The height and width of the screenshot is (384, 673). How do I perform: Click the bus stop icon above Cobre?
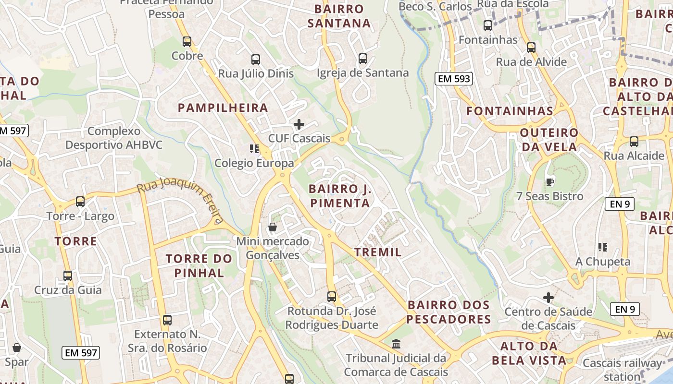pos(187,42)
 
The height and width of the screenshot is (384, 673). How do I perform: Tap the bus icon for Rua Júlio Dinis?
pos(256,60)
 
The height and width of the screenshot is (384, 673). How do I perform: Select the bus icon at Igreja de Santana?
pos(363,59)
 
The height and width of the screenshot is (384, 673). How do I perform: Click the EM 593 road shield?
pos(453,79)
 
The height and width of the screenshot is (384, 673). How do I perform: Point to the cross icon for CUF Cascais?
pos(299,125)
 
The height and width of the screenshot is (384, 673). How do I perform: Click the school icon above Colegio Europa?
pos(254,149)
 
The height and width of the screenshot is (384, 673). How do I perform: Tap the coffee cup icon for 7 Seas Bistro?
pos(549,182)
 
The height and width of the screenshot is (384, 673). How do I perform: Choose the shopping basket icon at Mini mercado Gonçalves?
pos(273,227)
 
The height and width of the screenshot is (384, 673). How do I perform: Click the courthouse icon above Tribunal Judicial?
pos(396,344)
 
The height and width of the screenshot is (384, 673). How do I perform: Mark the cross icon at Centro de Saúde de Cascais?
pos(548,298)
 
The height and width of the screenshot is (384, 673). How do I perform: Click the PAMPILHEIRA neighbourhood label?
pos(223,108)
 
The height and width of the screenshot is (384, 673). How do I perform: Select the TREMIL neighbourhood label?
pos(378,252)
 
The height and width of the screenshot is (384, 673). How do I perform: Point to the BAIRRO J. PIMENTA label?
pos(340,196)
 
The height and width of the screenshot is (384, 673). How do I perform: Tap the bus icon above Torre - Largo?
pos(80,202)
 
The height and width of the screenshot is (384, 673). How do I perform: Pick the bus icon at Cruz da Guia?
pos(68,276)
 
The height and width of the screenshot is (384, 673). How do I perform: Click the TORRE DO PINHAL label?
pos(199,266)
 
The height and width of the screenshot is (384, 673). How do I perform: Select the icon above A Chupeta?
pos(603,247)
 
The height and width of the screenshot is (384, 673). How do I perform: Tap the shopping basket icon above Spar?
pos(17,348)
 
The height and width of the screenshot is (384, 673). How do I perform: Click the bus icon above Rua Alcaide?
pos(634,142)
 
